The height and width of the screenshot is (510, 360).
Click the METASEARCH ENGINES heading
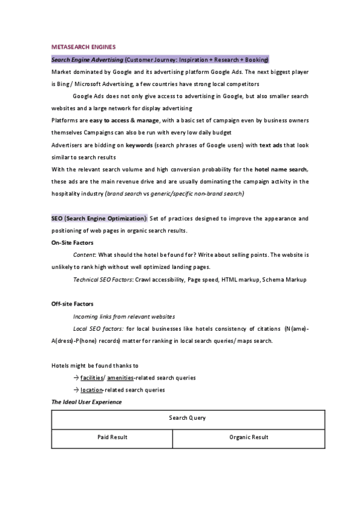(84, 46)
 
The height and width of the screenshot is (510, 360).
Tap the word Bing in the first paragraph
(59, 84)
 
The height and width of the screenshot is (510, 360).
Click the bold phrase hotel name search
(281, 170)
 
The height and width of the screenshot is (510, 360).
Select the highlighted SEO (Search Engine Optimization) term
(99, 218)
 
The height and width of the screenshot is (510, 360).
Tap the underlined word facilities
(92, 378)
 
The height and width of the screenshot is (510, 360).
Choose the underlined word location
(91, 390)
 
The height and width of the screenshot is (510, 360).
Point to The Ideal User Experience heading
(87, 402)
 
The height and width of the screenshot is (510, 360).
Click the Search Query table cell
(188, 419)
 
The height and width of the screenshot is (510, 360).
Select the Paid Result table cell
(112, 438)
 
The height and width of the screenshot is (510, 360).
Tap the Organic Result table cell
(249, 438)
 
